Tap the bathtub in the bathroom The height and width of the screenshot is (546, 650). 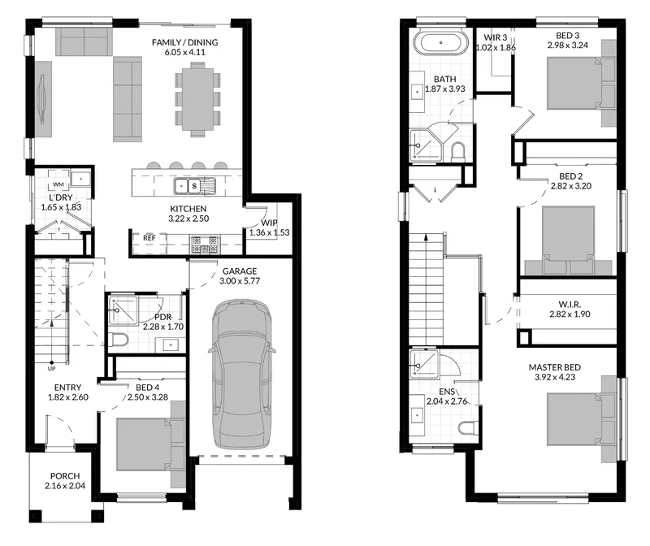click(440, 42)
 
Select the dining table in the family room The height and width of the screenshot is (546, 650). click(197, 99)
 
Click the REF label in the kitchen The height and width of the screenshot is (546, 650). click(149, 238)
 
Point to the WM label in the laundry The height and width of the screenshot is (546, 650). click(58, 184)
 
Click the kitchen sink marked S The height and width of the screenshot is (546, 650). click(194, 186)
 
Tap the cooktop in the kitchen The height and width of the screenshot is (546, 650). click(205, 245)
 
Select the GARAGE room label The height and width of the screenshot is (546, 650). click(240, 271)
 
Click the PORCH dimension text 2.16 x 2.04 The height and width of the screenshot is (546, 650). click(65, 486)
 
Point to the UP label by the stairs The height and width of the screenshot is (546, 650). click(51, 369)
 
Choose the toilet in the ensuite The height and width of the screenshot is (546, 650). click(469, 427)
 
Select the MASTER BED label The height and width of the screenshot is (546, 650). click(555, 367)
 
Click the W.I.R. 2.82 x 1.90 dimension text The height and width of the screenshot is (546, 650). click(570, 314)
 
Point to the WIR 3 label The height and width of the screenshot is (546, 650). click(496, 37)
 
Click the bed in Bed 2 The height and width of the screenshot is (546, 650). click(568, 240)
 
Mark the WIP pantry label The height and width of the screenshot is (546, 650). click(269, 223)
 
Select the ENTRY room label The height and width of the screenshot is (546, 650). click(67, 388)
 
